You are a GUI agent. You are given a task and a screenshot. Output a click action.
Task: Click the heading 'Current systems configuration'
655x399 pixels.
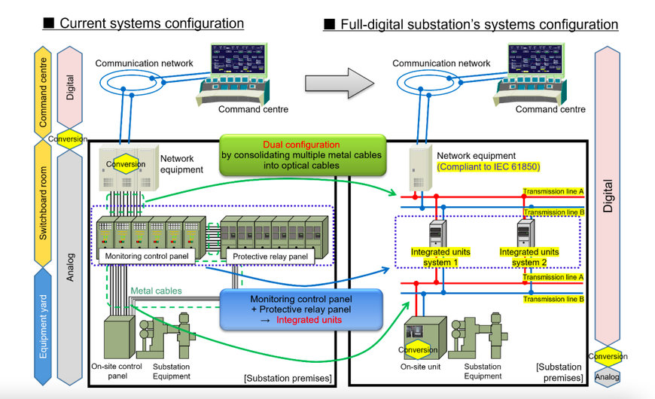pyautogui.click(x=151, y=23)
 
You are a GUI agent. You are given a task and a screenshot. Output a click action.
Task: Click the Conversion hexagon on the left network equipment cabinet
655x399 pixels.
pyautogui.click(x=126, y=164)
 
